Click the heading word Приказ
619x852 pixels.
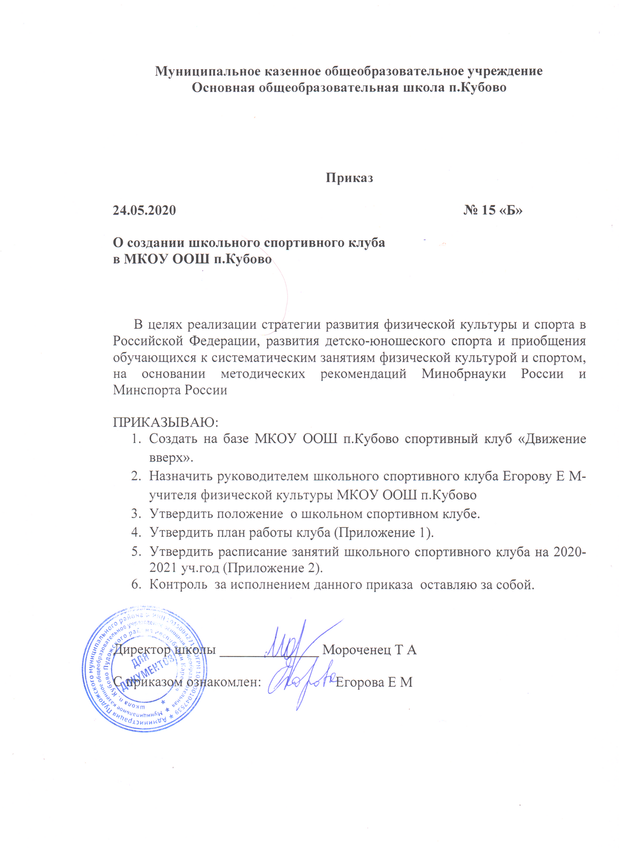click(x=349, y=178)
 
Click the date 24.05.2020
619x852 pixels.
click(x=144, y=210)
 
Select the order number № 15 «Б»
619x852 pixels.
click(x=493, y=210)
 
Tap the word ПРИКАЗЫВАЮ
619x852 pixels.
click(x=165, y=422)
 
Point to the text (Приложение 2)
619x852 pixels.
click(x=272, y=568)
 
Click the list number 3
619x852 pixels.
click(x=136, y=514)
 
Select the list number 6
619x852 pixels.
click(x=136, y=585)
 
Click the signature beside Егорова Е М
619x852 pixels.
click(x=301, y=682)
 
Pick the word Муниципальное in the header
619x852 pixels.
click(x=199, y=71)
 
